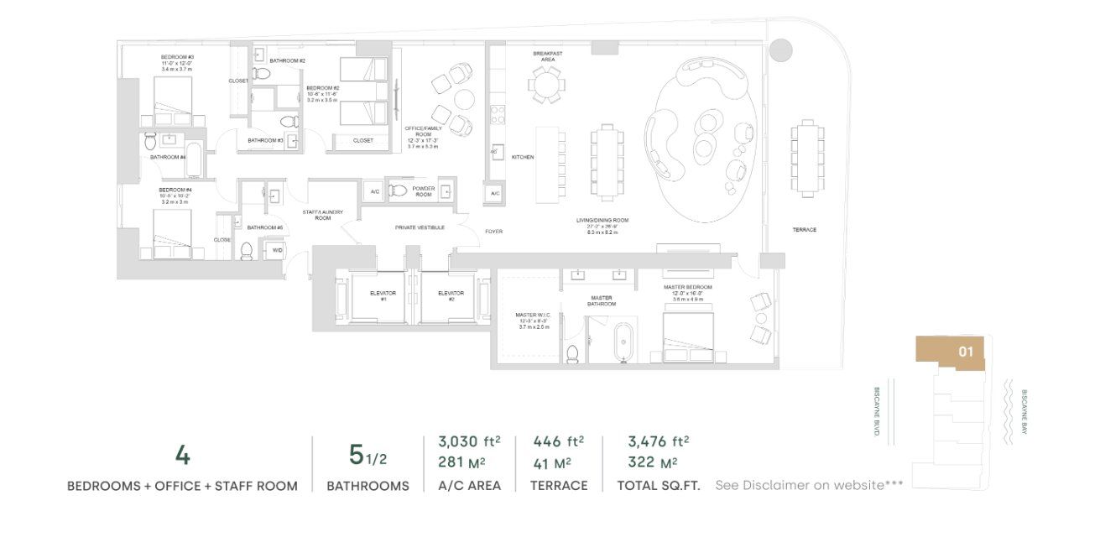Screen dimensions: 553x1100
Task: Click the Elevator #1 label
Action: pos(383,296)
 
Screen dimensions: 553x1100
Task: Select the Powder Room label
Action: pos(424,191)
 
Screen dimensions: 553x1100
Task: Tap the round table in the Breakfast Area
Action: pos(547,84)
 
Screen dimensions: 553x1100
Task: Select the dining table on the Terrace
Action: pos(807,159)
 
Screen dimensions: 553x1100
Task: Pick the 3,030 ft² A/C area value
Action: pos(469,441)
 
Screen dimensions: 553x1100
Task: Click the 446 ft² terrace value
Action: pos(559,441)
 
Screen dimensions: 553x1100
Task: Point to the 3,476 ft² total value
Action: pos(658,441)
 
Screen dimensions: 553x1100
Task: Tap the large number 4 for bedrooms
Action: pos(182,456)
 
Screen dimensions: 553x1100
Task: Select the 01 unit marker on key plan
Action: pos(966,352)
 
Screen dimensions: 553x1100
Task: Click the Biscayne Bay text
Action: pos(1024,411)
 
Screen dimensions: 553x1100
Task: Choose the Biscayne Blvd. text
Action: pos(877,411)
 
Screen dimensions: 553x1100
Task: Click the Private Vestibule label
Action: pos(420,227)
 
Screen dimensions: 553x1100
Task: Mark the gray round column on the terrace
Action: pos(779,50)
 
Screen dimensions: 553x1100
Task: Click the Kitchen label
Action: pos(523,157)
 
